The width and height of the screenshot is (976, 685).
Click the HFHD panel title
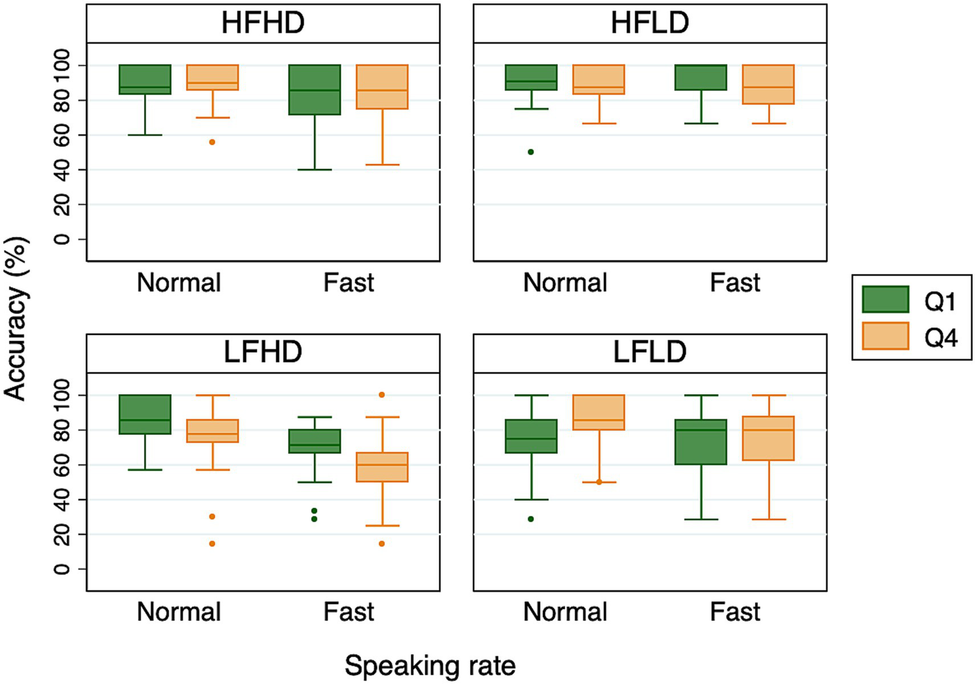(x=263, y=24)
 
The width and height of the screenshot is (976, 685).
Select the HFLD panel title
(x=649, y=24)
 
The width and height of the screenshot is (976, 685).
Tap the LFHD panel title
(x=263, y=353)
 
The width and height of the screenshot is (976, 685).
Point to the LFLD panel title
(x=649, y=353)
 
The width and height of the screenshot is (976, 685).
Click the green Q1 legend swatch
(x=885, y=299)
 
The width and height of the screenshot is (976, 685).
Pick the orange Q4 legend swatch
(x=885, y=336)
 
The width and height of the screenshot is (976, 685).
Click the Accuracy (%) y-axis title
(x=15, y=318)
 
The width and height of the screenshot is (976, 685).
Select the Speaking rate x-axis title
(x=430, y=666)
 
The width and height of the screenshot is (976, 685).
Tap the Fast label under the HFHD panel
(x=348, y=283)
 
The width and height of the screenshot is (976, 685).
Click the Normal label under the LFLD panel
(x=565, y=612)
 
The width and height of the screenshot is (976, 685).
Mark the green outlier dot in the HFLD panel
(x=531, y=152)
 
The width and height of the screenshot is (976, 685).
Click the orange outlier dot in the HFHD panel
(x=212, y=142)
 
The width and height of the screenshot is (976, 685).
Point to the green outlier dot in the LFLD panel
(x=531, y=519)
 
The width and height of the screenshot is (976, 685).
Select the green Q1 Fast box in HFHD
(x=315, y=90)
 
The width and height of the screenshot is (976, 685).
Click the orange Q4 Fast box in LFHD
(x=382, y=467)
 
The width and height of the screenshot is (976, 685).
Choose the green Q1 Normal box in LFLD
(x=531, y=436)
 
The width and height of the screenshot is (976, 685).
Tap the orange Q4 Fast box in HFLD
(x=769, y=85)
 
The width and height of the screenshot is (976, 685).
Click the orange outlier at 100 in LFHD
(x=382, y=395)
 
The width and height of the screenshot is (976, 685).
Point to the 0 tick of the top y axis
(x=62, y=240)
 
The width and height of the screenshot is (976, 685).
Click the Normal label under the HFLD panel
(x=565, y=283)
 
